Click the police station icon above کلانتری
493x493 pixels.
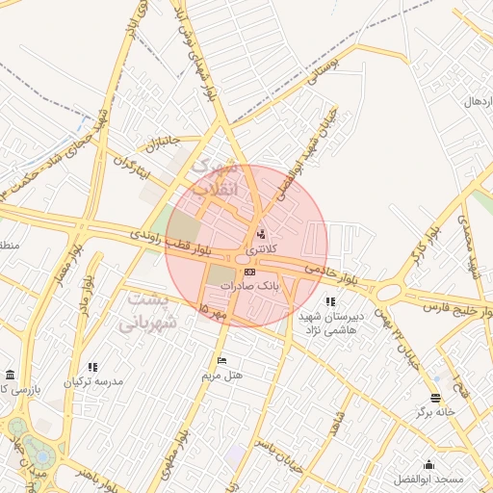261,234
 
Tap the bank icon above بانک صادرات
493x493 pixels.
250,272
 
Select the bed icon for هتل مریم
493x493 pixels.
222,360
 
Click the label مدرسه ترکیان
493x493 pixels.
93,382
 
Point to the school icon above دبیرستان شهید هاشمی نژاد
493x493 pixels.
331,302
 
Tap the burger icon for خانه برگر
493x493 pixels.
435,398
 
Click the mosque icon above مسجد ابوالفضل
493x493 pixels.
428,464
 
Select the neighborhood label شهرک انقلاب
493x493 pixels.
214,179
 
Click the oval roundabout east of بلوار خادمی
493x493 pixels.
389,291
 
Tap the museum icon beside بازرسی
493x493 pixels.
10,374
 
